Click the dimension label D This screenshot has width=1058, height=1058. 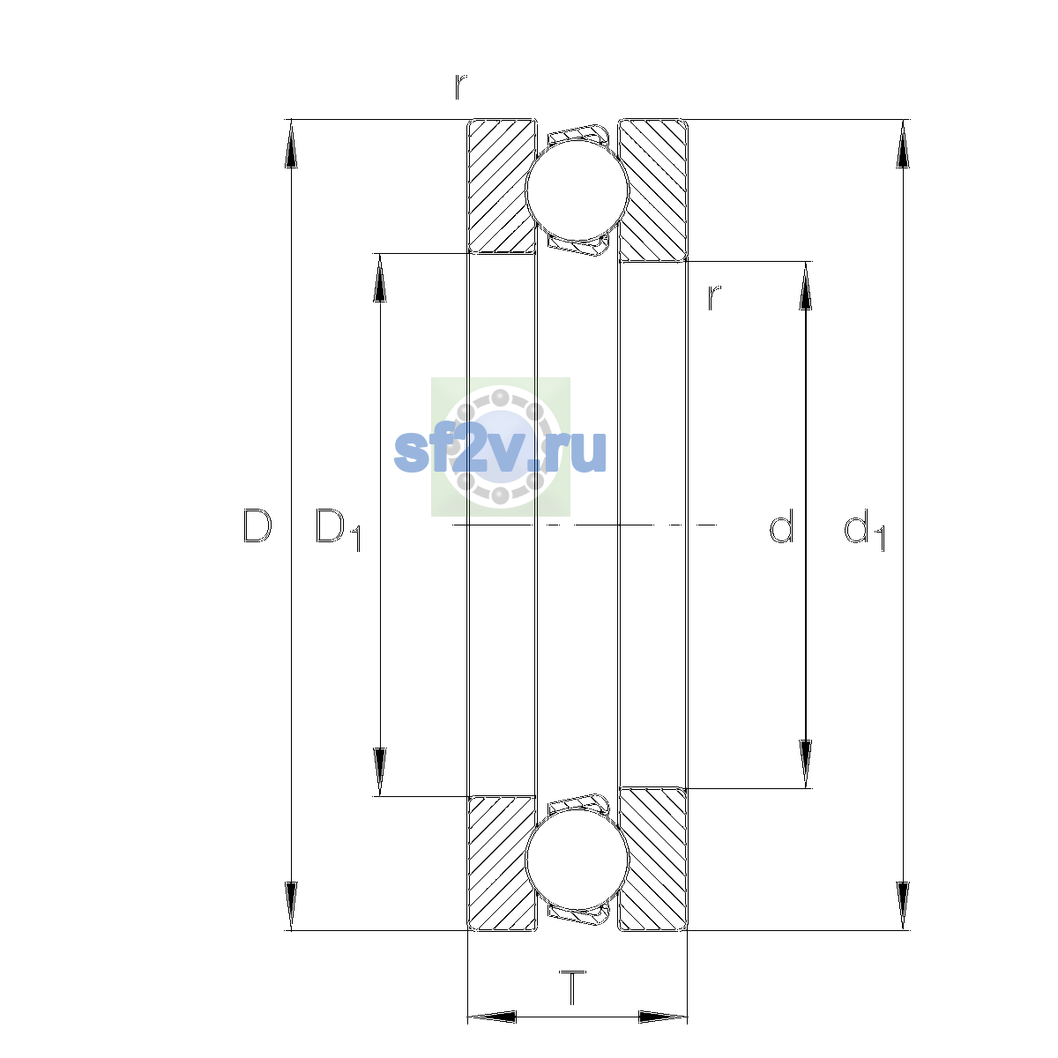[257, 525]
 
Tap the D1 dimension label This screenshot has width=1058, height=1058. [338, 529]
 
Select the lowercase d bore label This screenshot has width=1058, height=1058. [781, 525]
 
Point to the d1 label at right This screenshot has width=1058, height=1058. [864, 529]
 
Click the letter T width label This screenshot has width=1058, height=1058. [572, 987]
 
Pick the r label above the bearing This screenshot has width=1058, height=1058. [460, 86]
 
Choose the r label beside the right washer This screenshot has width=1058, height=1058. [714, 298]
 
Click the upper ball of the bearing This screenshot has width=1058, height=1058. [577, 190]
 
